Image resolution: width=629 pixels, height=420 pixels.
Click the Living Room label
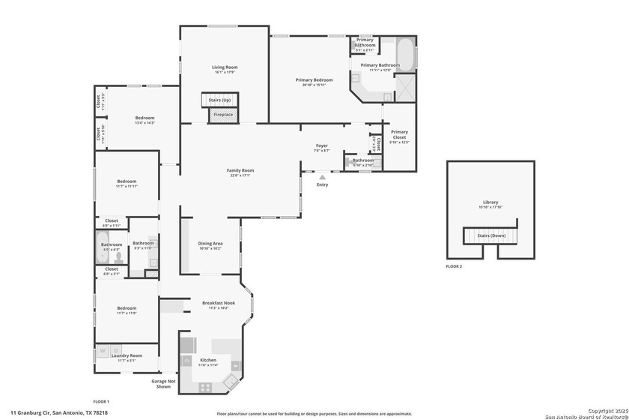tap(224, 67)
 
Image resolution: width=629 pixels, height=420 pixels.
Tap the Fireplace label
tap(223, 115)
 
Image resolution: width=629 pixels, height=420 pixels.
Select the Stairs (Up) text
tap(219, 100)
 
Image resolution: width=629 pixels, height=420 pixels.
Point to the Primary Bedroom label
tap(314, 79)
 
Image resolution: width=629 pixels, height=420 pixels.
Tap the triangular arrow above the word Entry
tap(322, 178)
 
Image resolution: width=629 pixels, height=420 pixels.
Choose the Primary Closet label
tap(399, 135)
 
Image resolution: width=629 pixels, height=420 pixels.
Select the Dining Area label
tap(210, 243)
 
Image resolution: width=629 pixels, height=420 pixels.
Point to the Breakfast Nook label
tap(219, 303)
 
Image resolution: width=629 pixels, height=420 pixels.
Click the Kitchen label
tap(207, 361)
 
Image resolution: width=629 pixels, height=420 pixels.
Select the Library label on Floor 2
tap(490, 202)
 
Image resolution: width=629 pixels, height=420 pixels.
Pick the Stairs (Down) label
tap(491, 235)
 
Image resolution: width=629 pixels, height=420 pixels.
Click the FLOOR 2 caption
tap(455, 266)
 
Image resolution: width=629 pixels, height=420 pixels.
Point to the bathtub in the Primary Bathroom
tap(405, 55)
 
